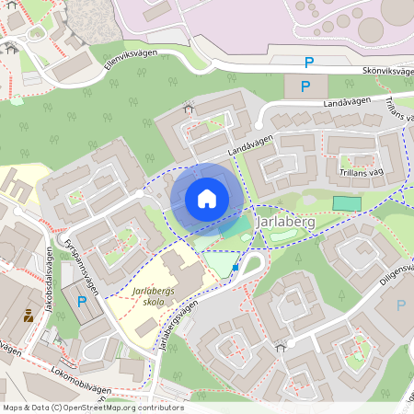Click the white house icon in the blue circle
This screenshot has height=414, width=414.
coord(207,198)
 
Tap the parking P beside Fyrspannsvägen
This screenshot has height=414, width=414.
coord(81,301)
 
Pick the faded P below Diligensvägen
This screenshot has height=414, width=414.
coord(400,305)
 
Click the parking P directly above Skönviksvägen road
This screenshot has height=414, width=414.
coord(308,62)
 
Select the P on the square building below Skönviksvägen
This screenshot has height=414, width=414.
coord(307,87)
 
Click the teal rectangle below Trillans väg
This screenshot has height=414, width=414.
coord(347,202)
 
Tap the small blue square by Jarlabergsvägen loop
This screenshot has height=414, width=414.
coord(236,268)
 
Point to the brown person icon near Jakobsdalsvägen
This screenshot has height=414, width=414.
coord(29,316)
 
